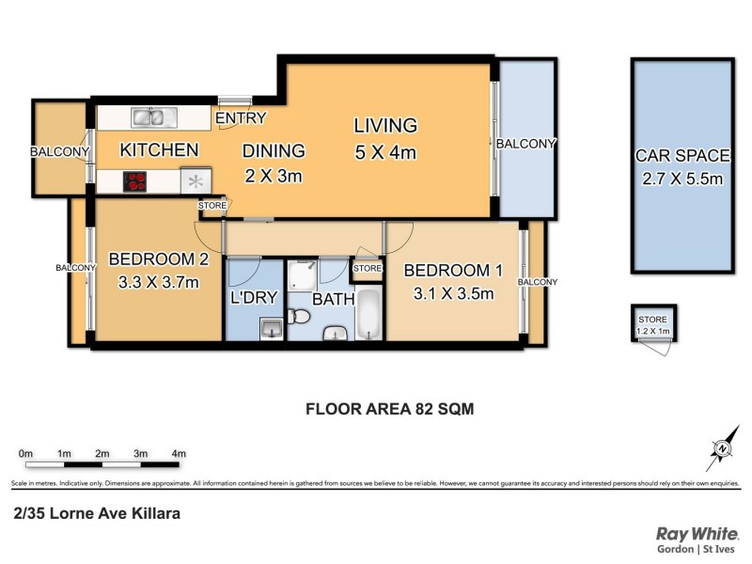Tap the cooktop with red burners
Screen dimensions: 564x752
click(x=136, y=181)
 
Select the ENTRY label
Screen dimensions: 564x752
click(x=241, y=118)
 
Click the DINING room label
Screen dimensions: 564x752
click(x=274, y=150)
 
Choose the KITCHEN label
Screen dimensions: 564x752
click(x=159, y=149)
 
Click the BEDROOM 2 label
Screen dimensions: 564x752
click(x=157, y=259)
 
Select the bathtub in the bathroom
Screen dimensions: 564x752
click(x=368, y=316)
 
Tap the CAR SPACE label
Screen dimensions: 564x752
click(x=682, y=156)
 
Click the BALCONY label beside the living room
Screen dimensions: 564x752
click(x=526, y=144)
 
